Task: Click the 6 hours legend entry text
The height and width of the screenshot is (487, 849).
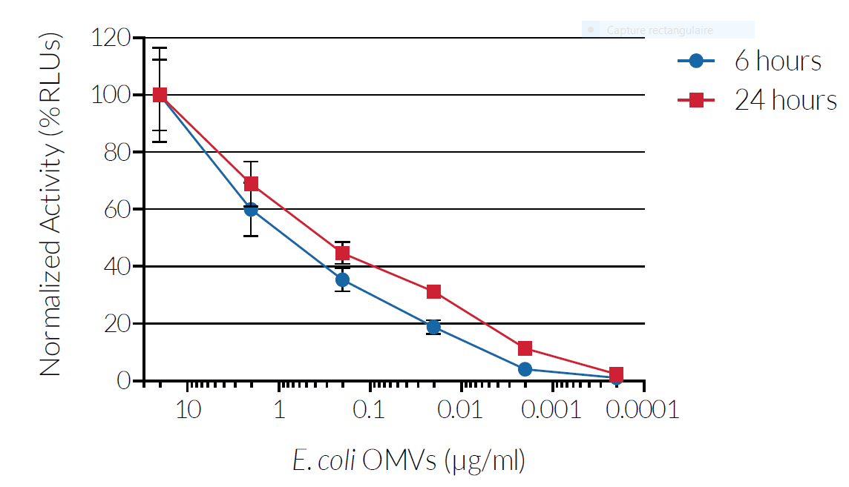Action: [778, 61]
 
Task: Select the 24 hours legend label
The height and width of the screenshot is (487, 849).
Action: [785, 99]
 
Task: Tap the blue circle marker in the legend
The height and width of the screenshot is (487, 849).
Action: [695, 62]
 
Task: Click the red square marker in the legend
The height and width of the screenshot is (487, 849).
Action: [696, 100]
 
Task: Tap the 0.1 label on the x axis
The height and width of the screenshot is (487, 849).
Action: [369, 409]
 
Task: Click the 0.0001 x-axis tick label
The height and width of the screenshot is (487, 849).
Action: [643, 409]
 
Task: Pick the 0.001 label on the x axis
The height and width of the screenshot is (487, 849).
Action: [551, 409]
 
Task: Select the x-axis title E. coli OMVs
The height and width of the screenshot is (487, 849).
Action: [409, 461]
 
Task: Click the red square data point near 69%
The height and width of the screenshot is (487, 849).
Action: [251, 184]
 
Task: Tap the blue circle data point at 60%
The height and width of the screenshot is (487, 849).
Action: [251, 210]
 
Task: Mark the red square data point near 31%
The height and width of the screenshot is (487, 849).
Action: [433, 292]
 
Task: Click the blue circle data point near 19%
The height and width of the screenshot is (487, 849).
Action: [433, 327]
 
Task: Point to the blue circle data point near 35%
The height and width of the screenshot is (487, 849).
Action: [342, 279]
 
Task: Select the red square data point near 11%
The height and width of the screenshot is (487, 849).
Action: [525, 348]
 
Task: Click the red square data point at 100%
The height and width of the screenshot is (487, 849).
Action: [160, 95]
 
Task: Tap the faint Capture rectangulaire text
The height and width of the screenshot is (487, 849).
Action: [659, 30]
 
